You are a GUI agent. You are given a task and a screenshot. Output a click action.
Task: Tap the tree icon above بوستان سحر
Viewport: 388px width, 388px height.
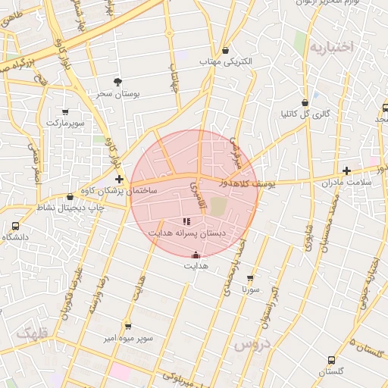(117, 81)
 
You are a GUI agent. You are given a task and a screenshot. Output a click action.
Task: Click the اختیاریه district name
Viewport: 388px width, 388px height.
(331, 47)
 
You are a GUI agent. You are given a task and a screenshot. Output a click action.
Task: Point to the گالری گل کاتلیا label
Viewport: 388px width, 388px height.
(305, 114)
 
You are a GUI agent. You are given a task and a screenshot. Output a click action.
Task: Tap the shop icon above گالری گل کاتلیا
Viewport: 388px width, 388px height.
(305, 102)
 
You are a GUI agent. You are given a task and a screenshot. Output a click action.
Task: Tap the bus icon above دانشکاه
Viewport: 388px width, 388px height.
(16, 226)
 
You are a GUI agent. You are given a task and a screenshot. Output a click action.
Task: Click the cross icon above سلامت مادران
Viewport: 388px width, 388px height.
(346, 171)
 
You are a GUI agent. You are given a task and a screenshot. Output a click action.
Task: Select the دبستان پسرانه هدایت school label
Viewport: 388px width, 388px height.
(186, 233)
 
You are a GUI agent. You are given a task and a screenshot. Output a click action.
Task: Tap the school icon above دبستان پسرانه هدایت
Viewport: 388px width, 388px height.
(186, 221)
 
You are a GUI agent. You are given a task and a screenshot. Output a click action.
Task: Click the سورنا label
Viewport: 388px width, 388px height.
(251, 289)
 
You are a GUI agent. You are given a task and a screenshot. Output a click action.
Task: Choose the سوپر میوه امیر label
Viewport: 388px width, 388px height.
(129, 337)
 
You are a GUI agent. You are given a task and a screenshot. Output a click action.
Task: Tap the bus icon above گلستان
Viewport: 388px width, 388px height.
(331, 360)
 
